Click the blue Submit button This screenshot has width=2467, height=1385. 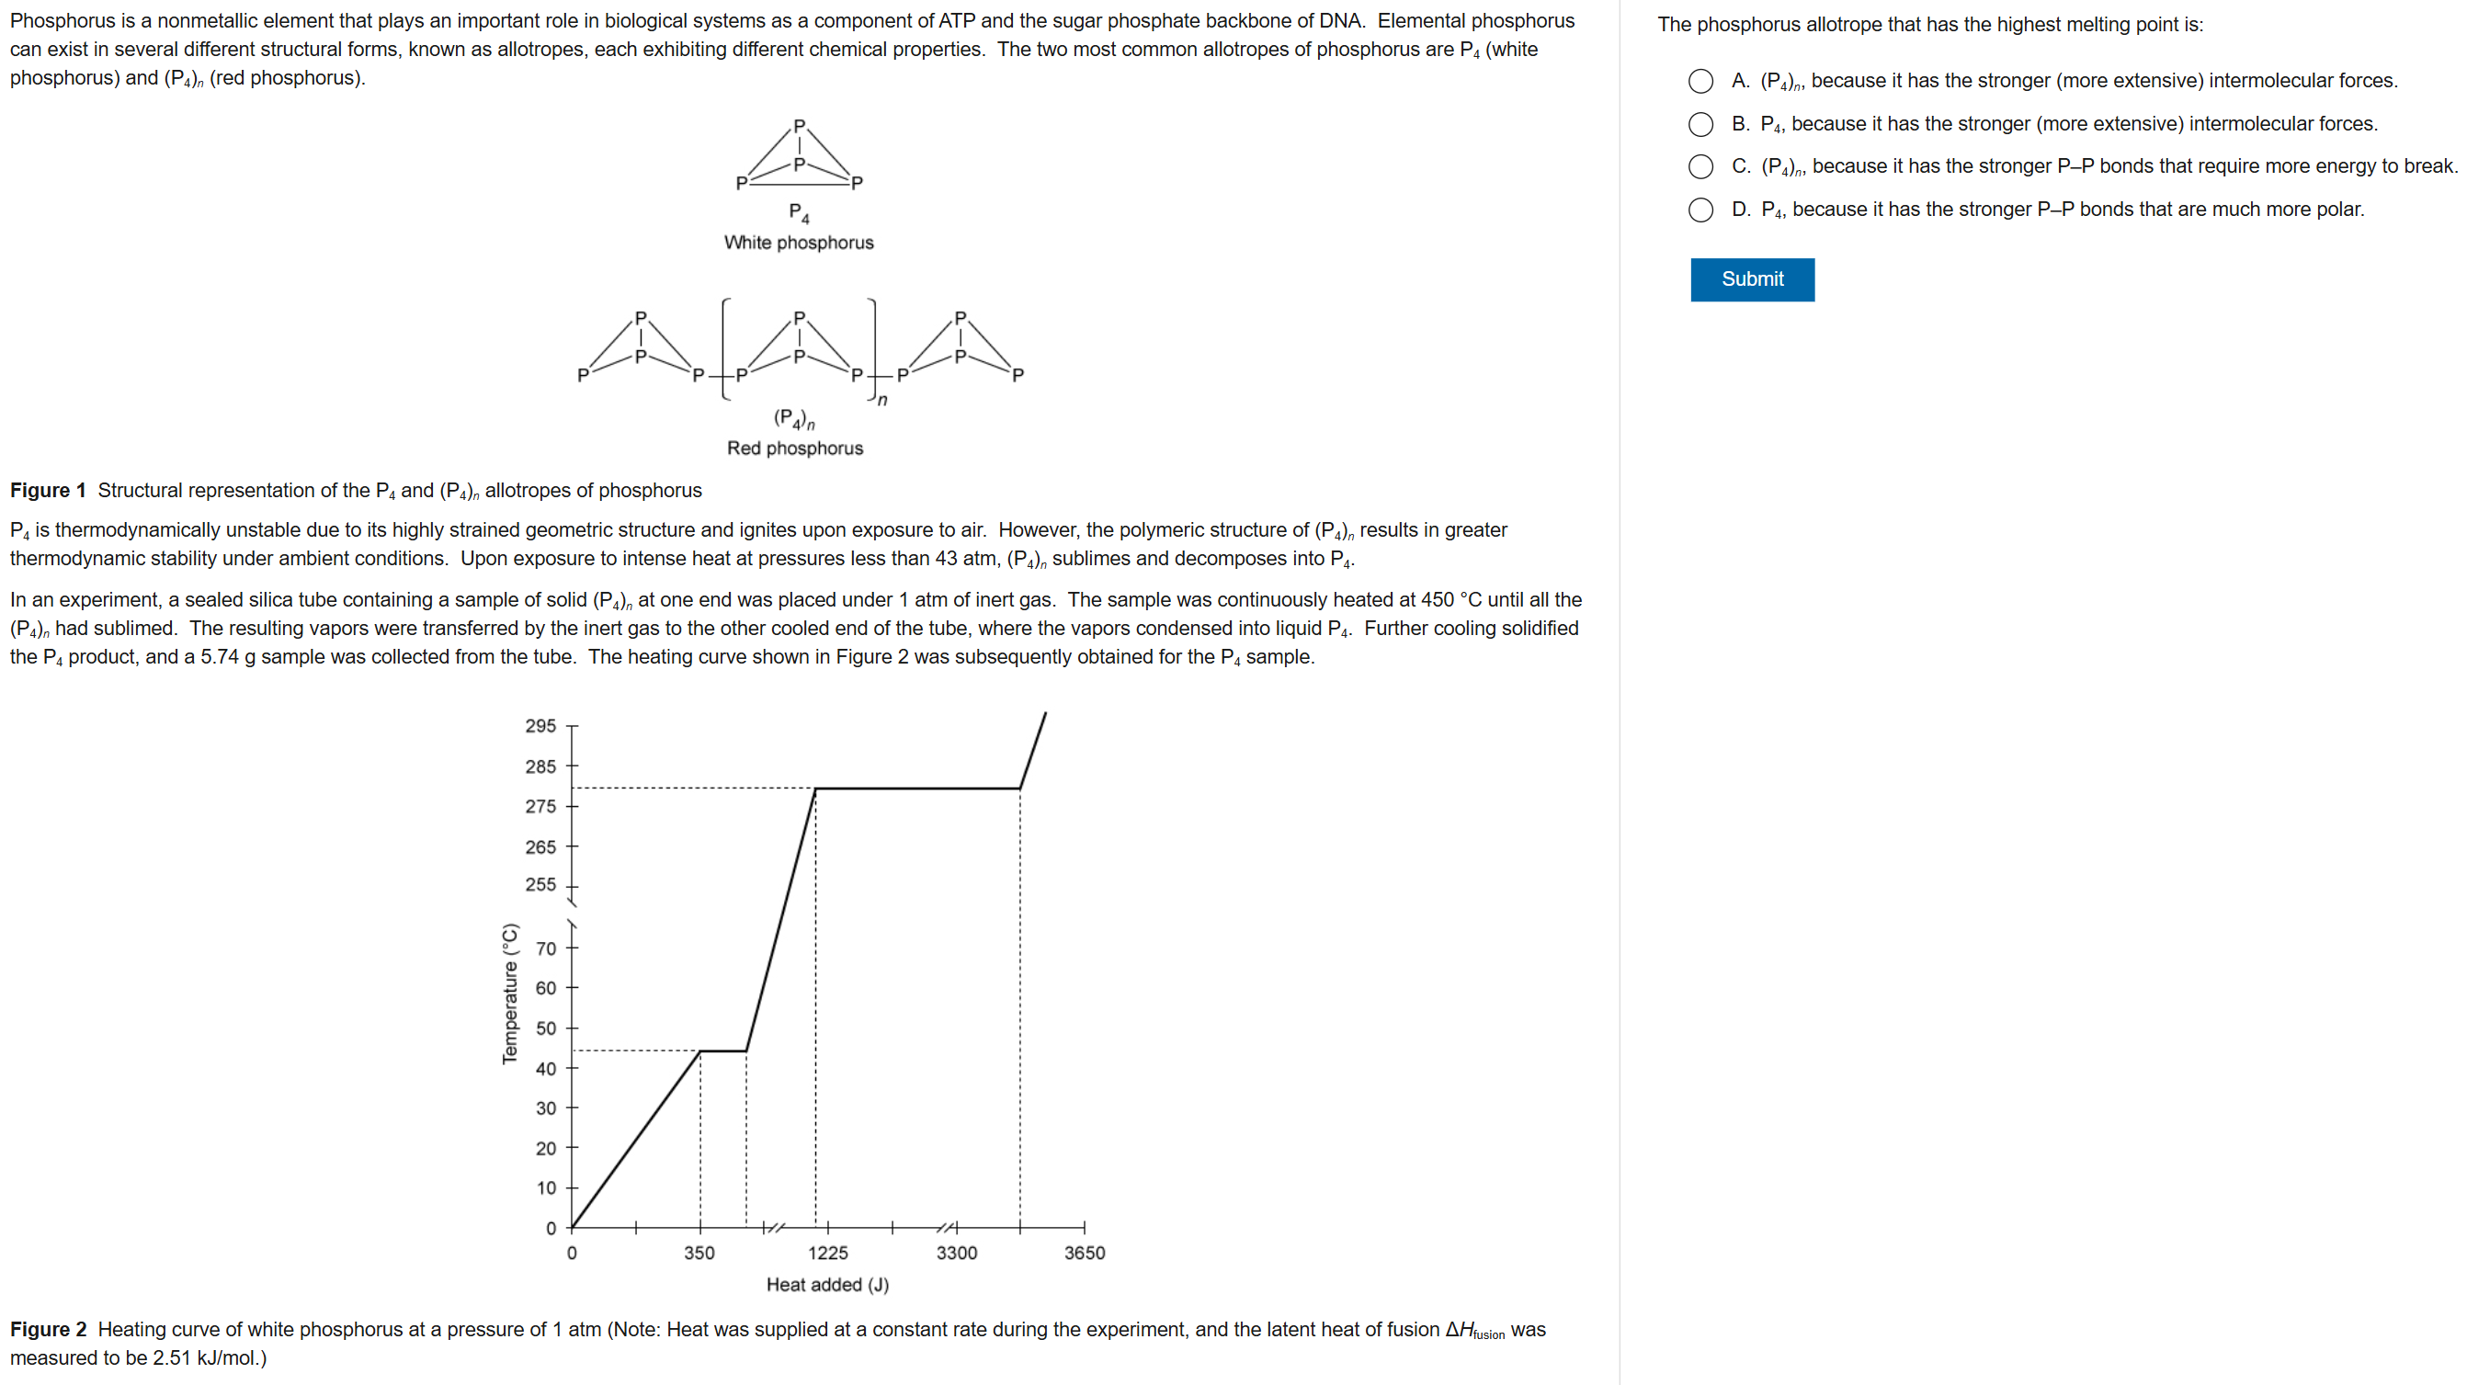[1752, 279]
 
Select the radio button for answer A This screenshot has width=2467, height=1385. [1700, 82]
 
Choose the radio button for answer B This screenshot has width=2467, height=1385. [1700, 124]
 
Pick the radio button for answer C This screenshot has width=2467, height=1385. [1700, 166]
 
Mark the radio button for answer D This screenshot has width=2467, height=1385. [1700, 210]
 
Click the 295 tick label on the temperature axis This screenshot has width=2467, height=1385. [540, 726]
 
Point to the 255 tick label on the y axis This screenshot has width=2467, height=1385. [540, 885]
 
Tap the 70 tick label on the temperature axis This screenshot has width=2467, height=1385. [546, 949]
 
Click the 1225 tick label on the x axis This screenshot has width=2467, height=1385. [827, 1253]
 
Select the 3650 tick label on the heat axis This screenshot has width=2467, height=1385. [1084, 1253]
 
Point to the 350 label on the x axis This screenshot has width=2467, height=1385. [699, 1253]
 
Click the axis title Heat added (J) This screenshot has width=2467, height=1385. [827, 1285]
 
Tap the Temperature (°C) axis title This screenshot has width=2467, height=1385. [510, 993]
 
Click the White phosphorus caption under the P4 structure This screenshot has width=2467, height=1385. [799, 244]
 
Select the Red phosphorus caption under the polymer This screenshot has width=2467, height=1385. [795, 448]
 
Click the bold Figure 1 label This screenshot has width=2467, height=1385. [48, 491]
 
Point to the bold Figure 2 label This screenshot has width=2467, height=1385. [48, 1330]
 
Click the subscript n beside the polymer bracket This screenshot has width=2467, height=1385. [882, 401]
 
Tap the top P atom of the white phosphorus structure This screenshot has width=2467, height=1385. [800, 127]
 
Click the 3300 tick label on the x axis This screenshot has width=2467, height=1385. [956, 1253]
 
